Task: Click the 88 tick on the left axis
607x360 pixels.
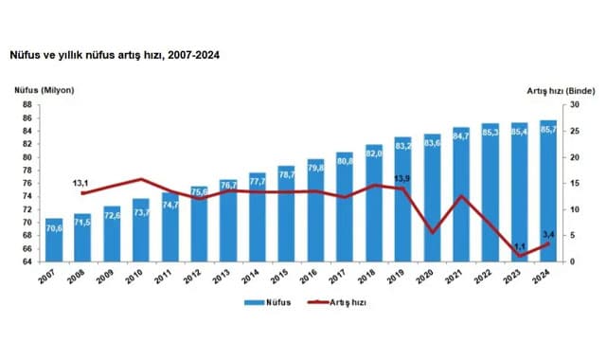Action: pyautogui.click(x=28, y=104)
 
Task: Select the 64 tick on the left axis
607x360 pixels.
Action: pyautogui.click(x=28, y=261)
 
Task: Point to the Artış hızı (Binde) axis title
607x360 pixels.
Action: pyautogui.click(x=560, y=90)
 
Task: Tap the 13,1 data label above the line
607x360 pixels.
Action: pyautogui.click(x=81, y=183)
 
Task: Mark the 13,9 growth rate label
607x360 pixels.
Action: pyautogui.click(x=402, y=177)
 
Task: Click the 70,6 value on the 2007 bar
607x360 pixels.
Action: pyautogui.click(x=54, y=228)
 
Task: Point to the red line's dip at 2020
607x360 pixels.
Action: pyautogui.click(x=432, y=232)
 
